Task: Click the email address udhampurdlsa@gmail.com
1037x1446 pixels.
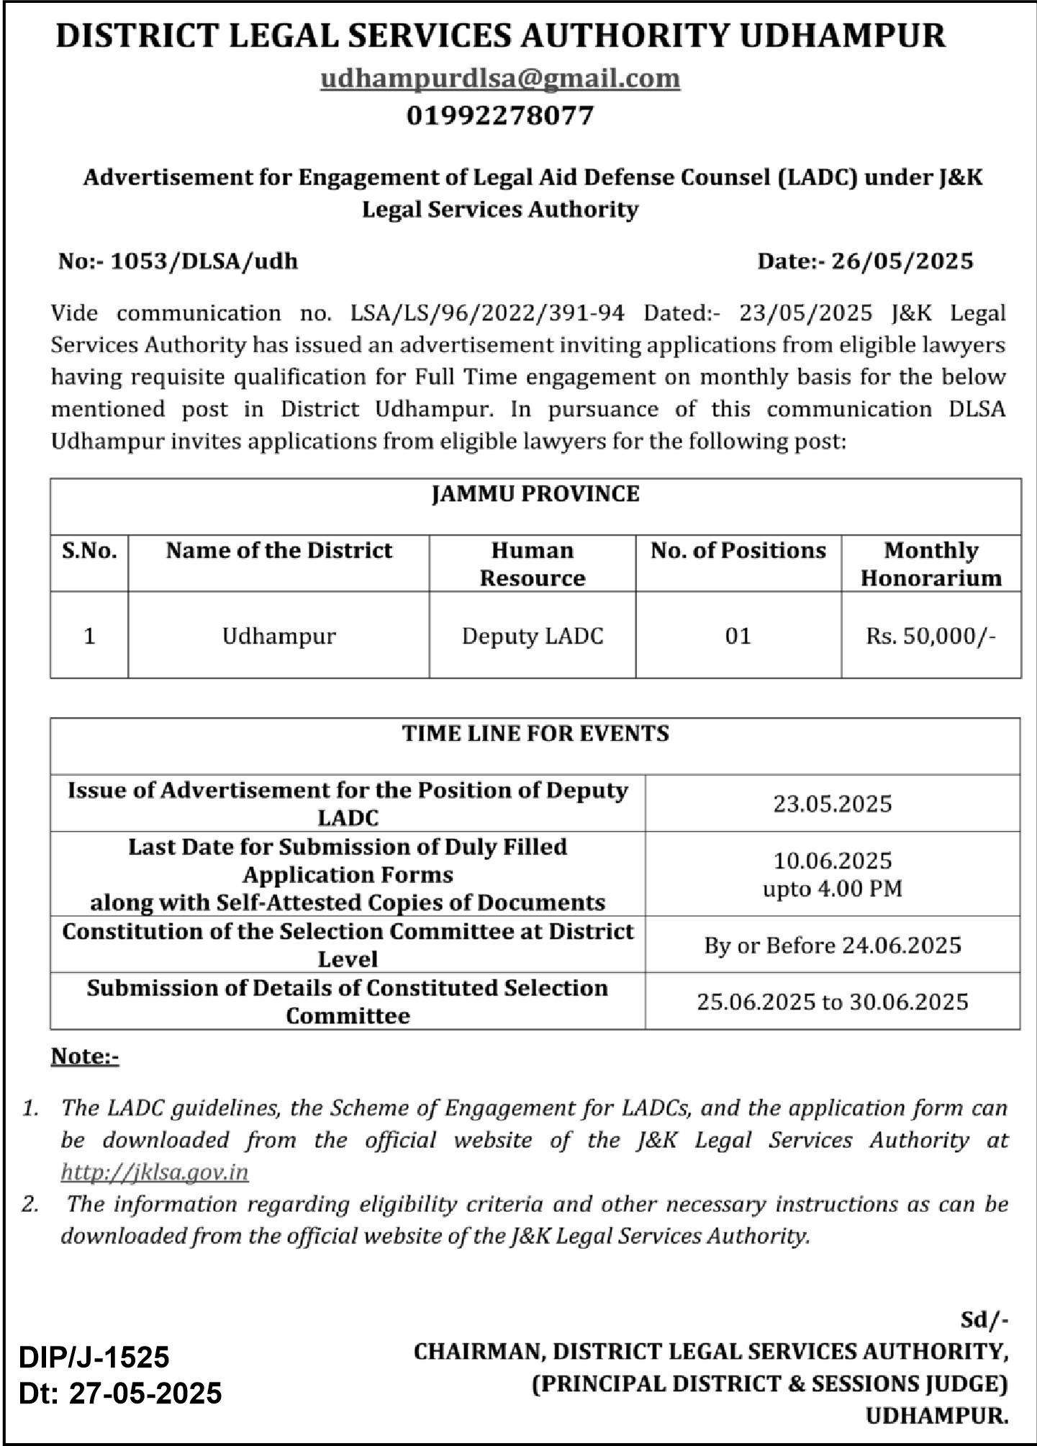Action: (500, 78)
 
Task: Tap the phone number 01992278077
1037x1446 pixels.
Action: (500, 115)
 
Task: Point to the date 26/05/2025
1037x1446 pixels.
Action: (902, 261)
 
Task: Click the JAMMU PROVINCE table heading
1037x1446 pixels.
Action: (535, 494)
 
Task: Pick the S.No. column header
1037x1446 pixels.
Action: (89, 551)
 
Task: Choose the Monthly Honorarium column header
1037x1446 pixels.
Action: (930, 564)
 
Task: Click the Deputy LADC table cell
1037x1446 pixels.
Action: (533, 636)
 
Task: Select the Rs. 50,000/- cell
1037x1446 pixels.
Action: (930, 636)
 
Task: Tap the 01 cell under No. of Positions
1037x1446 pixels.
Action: (738, 636)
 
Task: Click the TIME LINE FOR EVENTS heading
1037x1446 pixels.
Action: (535, 734)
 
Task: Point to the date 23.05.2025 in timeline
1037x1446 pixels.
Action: (833, 804)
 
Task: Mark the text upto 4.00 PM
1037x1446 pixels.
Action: (833, 889)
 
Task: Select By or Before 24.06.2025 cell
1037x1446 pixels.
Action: (833, 945)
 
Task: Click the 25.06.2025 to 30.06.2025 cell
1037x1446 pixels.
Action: (833, 1002)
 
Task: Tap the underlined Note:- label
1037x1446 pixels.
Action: (85, 1056)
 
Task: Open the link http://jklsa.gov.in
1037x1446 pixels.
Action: (155, 1172)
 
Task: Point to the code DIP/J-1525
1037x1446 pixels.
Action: (94, 1357)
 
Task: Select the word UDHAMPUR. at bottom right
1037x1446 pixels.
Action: (936, 1416)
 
